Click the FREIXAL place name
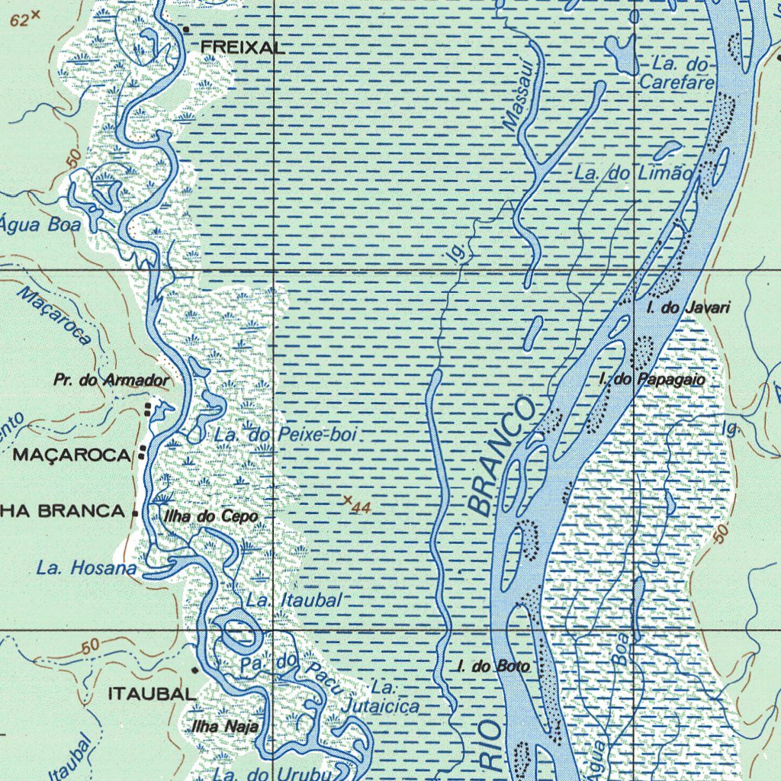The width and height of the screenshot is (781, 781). (243, 47)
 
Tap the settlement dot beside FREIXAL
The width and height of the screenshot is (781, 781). (186, 30)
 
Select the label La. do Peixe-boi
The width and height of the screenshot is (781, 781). (286, 435)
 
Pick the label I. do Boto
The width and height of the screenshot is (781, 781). (493, 667)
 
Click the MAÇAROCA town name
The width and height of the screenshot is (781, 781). (72, 455)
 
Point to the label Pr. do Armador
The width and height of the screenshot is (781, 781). (111, 380)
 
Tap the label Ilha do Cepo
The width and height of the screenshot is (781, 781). (211, 517)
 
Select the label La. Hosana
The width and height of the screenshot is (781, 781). (86, 568)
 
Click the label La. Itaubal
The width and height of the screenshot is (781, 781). (294, 600)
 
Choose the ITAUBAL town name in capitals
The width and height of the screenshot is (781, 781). (151, 694)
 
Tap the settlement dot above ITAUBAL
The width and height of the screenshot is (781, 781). (195, 670)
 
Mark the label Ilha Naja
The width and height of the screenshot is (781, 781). (225, 727)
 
